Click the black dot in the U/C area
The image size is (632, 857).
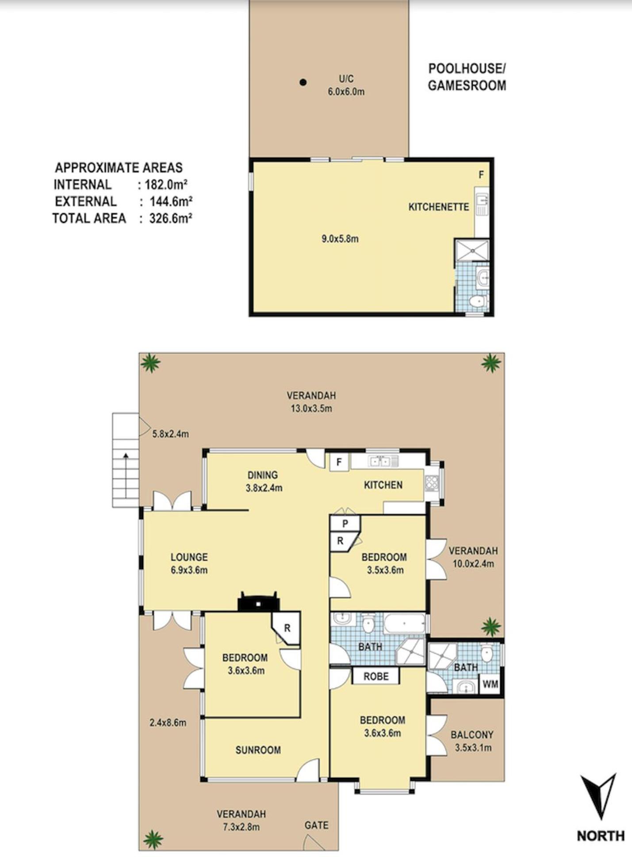point(303,82)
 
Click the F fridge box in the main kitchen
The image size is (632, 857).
point(339,462)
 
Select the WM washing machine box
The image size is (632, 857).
point(490,684)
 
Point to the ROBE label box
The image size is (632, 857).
point(376,676)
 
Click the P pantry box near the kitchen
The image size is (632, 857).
point(345,523)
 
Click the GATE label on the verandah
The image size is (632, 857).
point(317,825)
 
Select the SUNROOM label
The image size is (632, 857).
point(258,750)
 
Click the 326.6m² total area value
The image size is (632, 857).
point(171,218)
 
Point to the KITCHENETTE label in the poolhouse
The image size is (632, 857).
point(439,207)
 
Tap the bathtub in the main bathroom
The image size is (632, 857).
point(404,623)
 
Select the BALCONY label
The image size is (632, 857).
point(472,735)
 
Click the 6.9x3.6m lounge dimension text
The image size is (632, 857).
point(189,570)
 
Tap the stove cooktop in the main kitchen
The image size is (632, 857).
point(431,483)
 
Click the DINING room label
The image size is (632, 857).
point(263,475)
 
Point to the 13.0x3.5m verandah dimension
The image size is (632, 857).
point(311,408)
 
